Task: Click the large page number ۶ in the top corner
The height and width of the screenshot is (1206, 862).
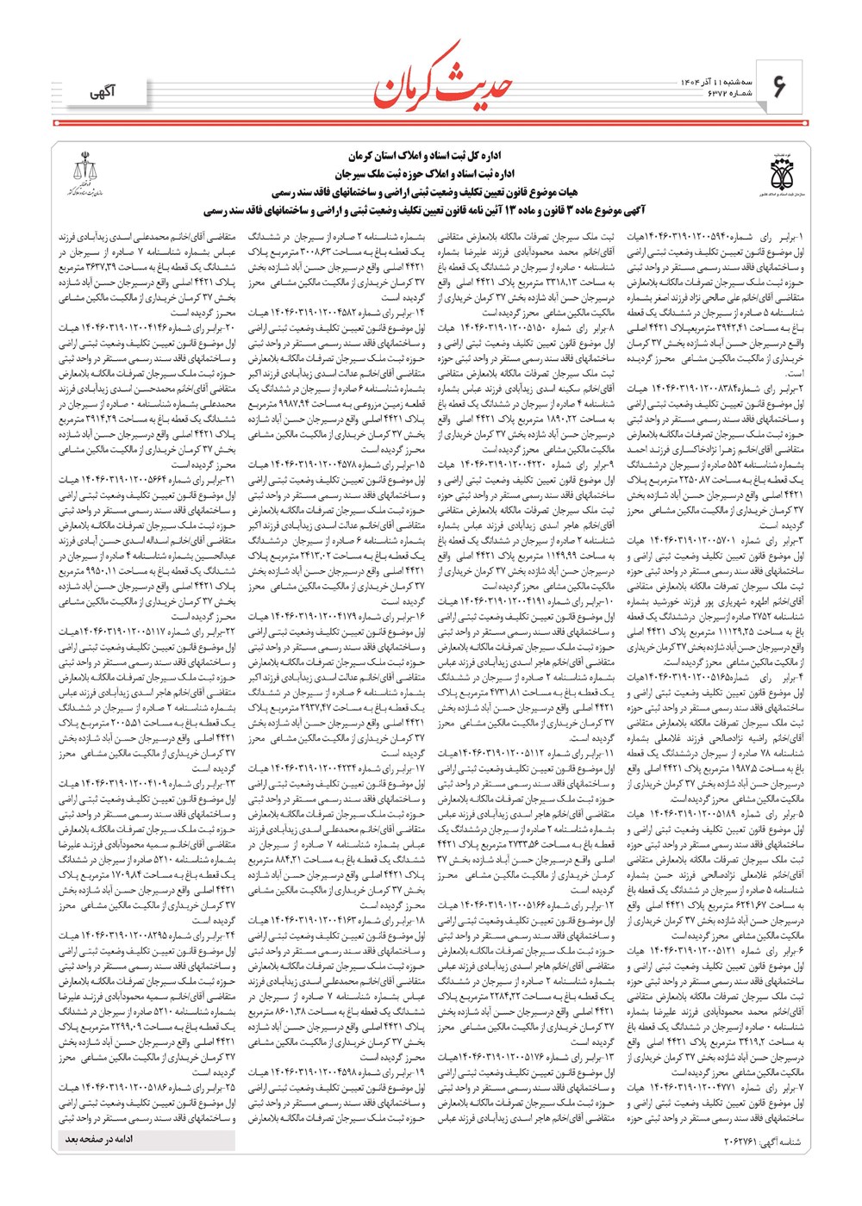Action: pos(780,86)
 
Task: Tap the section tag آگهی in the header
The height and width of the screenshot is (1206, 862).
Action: pos(102,91)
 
